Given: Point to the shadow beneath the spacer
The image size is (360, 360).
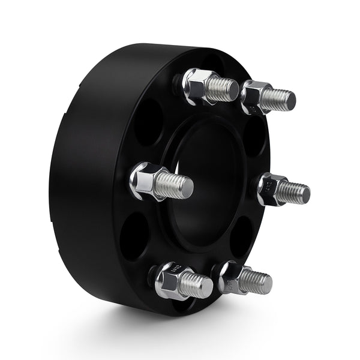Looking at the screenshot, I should coord(198,327).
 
